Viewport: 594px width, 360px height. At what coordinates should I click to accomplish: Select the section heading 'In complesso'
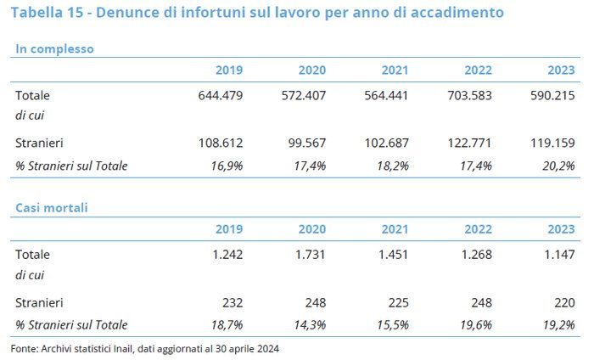54,48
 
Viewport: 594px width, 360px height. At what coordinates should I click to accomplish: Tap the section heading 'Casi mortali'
51,207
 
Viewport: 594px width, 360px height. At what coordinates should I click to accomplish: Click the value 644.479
220,95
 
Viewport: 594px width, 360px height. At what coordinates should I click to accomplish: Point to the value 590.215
552,95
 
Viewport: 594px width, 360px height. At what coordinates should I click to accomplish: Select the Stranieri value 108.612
220,143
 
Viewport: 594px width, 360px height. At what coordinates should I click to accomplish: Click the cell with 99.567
304,143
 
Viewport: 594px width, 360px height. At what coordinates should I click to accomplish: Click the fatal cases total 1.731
310,254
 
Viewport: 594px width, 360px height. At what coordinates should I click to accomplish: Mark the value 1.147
558,254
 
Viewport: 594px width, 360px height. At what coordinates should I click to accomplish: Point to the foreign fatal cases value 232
232,301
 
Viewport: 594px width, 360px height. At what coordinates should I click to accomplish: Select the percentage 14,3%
308,324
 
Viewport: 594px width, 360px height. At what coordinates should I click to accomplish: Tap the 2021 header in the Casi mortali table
395,228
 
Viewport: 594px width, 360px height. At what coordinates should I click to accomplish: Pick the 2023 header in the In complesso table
561,70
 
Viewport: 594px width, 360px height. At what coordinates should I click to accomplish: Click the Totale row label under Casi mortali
32,254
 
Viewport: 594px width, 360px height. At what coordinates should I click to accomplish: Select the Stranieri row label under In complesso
39,143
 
